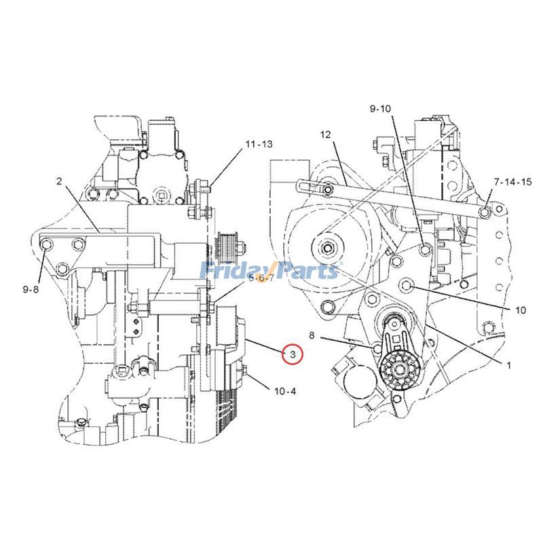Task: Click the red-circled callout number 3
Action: (293, 354)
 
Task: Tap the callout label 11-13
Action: (259, 145)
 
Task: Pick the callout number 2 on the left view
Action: (59, 181)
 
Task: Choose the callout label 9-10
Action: (381, 109)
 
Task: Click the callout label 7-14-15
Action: (514, 182)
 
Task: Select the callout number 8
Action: (312, 335)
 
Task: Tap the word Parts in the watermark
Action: (306, 270)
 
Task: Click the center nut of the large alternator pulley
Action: (326, 248)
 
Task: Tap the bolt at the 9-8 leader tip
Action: (46, 246)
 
